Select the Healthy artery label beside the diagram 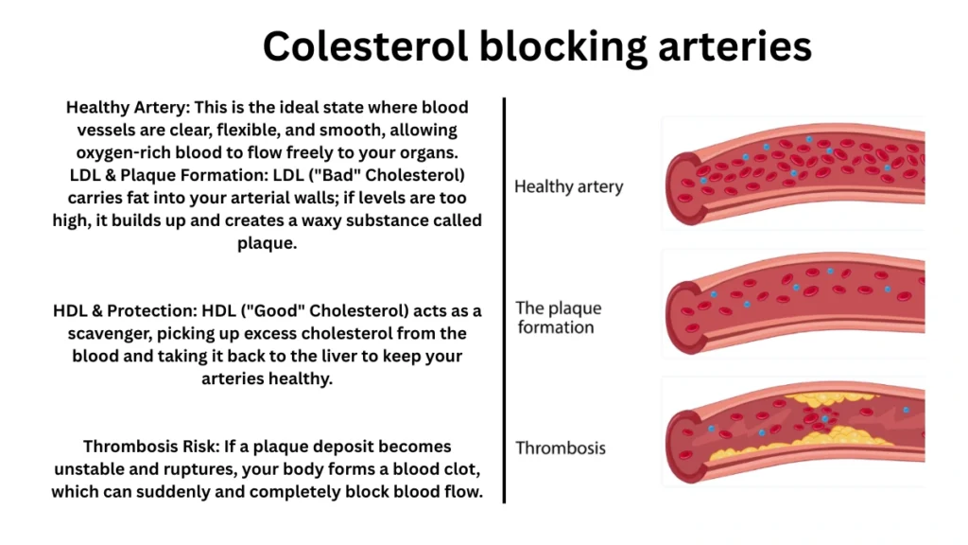568,186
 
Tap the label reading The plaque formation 558,318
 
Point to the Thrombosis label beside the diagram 561,448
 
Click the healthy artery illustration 794,170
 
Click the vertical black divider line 505,299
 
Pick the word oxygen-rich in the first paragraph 119,152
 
